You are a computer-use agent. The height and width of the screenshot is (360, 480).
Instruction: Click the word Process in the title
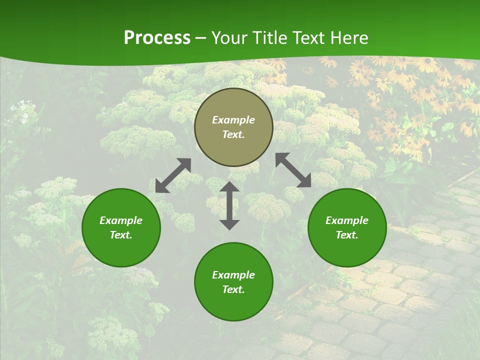(x=157, y=38)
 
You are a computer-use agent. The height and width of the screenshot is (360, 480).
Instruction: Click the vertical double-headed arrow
(x=229, y=206)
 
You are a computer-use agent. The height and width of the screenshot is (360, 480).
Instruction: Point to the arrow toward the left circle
(x=173, y=175)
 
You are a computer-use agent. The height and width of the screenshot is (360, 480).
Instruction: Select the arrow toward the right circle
(x=293, y=170)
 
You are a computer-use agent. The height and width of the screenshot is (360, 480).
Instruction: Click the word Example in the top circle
(x=233, y=120)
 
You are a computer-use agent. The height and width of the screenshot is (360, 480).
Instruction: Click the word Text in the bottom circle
(x=233, y=289)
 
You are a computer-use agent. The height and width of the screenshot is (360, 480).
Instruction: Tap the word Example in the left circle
(x=121, y=220)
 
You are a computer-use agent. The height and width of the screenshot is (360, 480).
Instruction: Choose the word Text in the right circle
(x=346, y=235)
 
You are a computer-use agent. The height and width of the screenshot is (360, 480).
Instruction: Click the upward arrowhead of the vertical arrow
(x=229, y=187)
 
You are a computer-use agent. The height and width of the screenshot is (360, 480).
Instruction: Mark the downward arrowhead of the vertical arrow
(x=229, y=224)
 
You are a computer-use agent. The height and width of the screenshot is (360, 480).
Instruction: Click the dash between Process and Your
(x=201, y=38)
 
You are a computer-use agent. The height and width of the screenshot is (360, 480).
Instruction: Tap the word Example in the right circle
(x=347, y=220)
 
